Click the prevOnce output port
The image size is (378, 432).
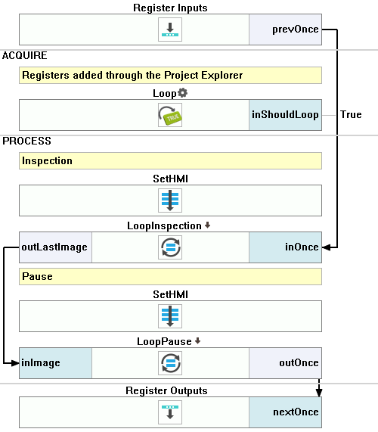point(285,30)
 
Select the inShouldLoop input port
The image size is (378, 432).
point(285,115)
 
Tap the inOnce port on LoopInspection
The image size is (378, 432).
point(285,247)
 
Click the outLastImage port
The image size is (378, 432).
point(55,247)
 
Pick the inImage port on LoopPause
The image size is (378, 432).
point(55,363)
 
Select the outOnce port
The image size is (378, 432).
point(285,363)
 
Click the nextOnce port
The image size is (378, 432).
point(285,412)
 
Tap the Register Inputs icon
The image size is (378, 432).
point(170,30)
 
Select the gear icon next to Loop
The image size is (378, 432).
point(182,93)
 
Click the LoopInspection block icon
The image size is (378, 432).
point(170,247)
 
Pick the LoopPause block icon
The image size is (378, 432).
point(170,363)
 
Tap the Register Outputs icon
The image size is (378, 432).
point(170,412)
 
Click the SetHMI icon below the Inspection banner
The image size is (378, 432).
point(170,200)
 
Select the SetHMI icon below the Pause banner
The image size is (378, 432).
point(170,316)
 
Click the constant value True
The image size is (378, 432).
point(351,114)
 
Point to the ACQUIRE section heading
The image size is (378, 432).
point(24,56)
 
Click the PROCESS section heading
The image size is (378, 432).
point(26,141)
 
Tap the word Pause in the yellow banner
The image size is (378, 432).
point(37,276)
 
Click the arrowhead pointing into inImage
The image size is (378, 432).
point(15,363)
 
